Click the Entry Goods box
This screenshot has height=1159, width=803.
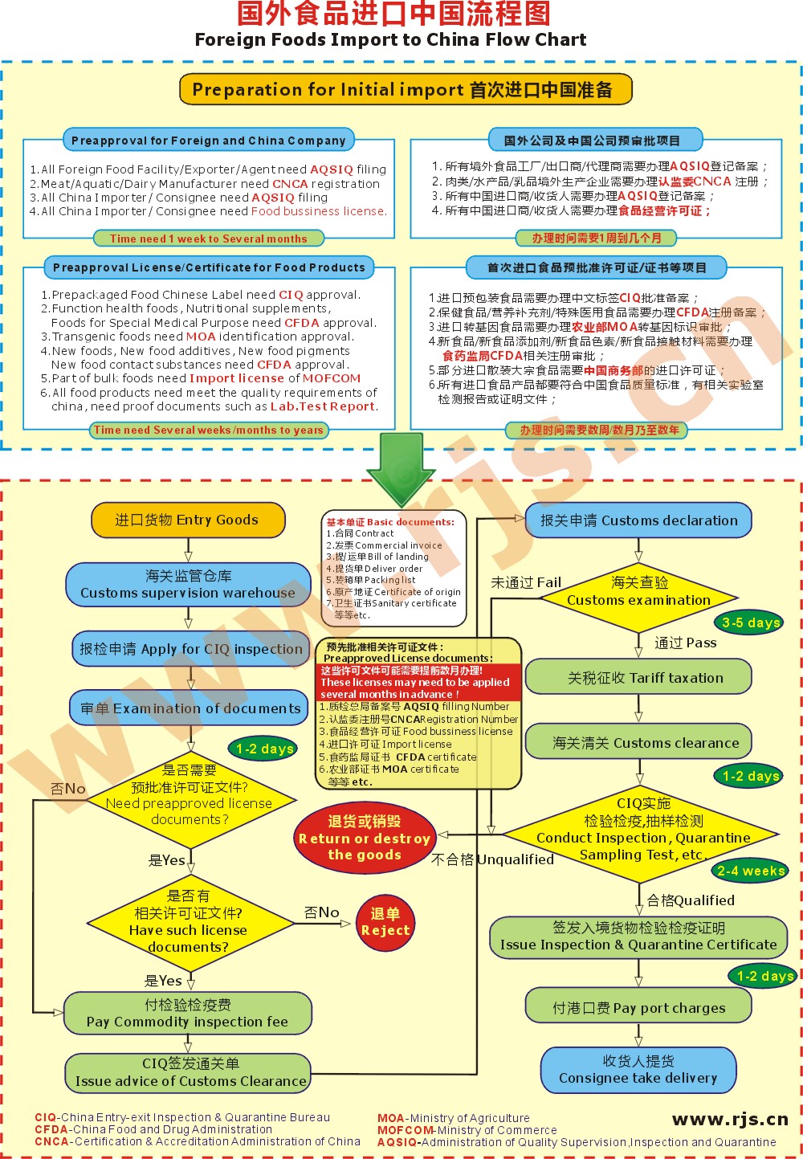(x=188, y=520)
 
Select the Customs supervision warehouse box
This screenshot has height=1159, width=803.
(x=188, y=584)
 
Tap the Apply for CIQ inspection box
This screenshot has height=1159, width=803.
(x=190, y=649)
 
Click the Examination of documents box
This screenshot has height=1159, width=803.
(x=190, y=708)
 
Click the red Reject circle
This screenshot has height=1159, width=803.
(x=385, y=922)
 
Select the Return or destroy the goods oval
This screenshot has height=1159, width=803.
(x=364, y=838)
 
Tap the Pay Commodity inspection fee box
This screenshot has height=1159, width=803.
(x=188, y=1013)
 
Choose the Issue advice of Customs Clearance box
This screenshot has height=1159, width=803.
(x=190, y=1072)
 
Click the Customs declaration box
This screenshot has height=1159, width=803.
(x=638, y=520)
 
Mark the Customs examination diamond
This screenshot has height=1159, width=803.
(x=638, y=591)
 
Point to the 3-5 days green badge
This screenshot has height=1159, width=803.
(x=750, y=622)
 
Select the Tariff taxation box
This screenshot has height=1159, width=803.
(x=638, y=678)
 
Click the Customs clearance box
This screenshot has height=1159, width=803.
(x=638, y=743)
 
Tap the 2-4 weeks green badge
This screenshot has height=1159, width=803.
(x=750, y=871)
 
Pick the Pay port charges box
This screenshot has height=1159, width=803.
(x=638, y=1008)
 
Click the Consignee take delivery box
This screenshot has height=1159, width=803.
(x=638, y=1070)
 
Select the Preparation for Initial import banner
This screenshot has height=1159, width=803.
(x=406, y=89)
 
